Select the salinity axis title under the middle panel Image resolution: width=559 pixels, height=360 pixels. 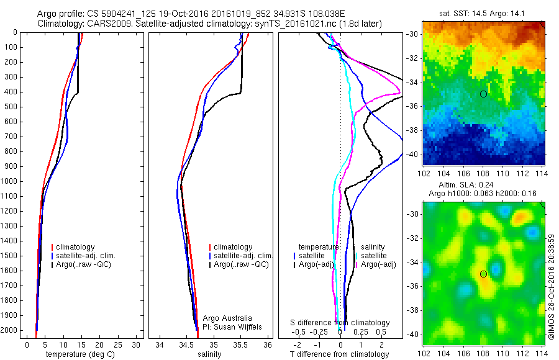point(209,354)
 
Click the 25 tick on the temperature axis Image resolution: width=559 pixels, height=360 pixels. point(117,344)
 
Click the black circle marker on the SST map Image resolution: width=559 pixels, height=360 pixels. point(483,94)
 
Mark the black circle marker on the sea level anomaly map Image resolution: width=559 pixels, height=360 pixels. point(483,273)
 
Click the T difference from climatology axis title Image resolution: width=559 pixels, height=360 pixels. point(340,354)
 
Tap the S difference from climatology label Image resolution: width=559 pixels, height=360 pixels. point(340,323)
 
